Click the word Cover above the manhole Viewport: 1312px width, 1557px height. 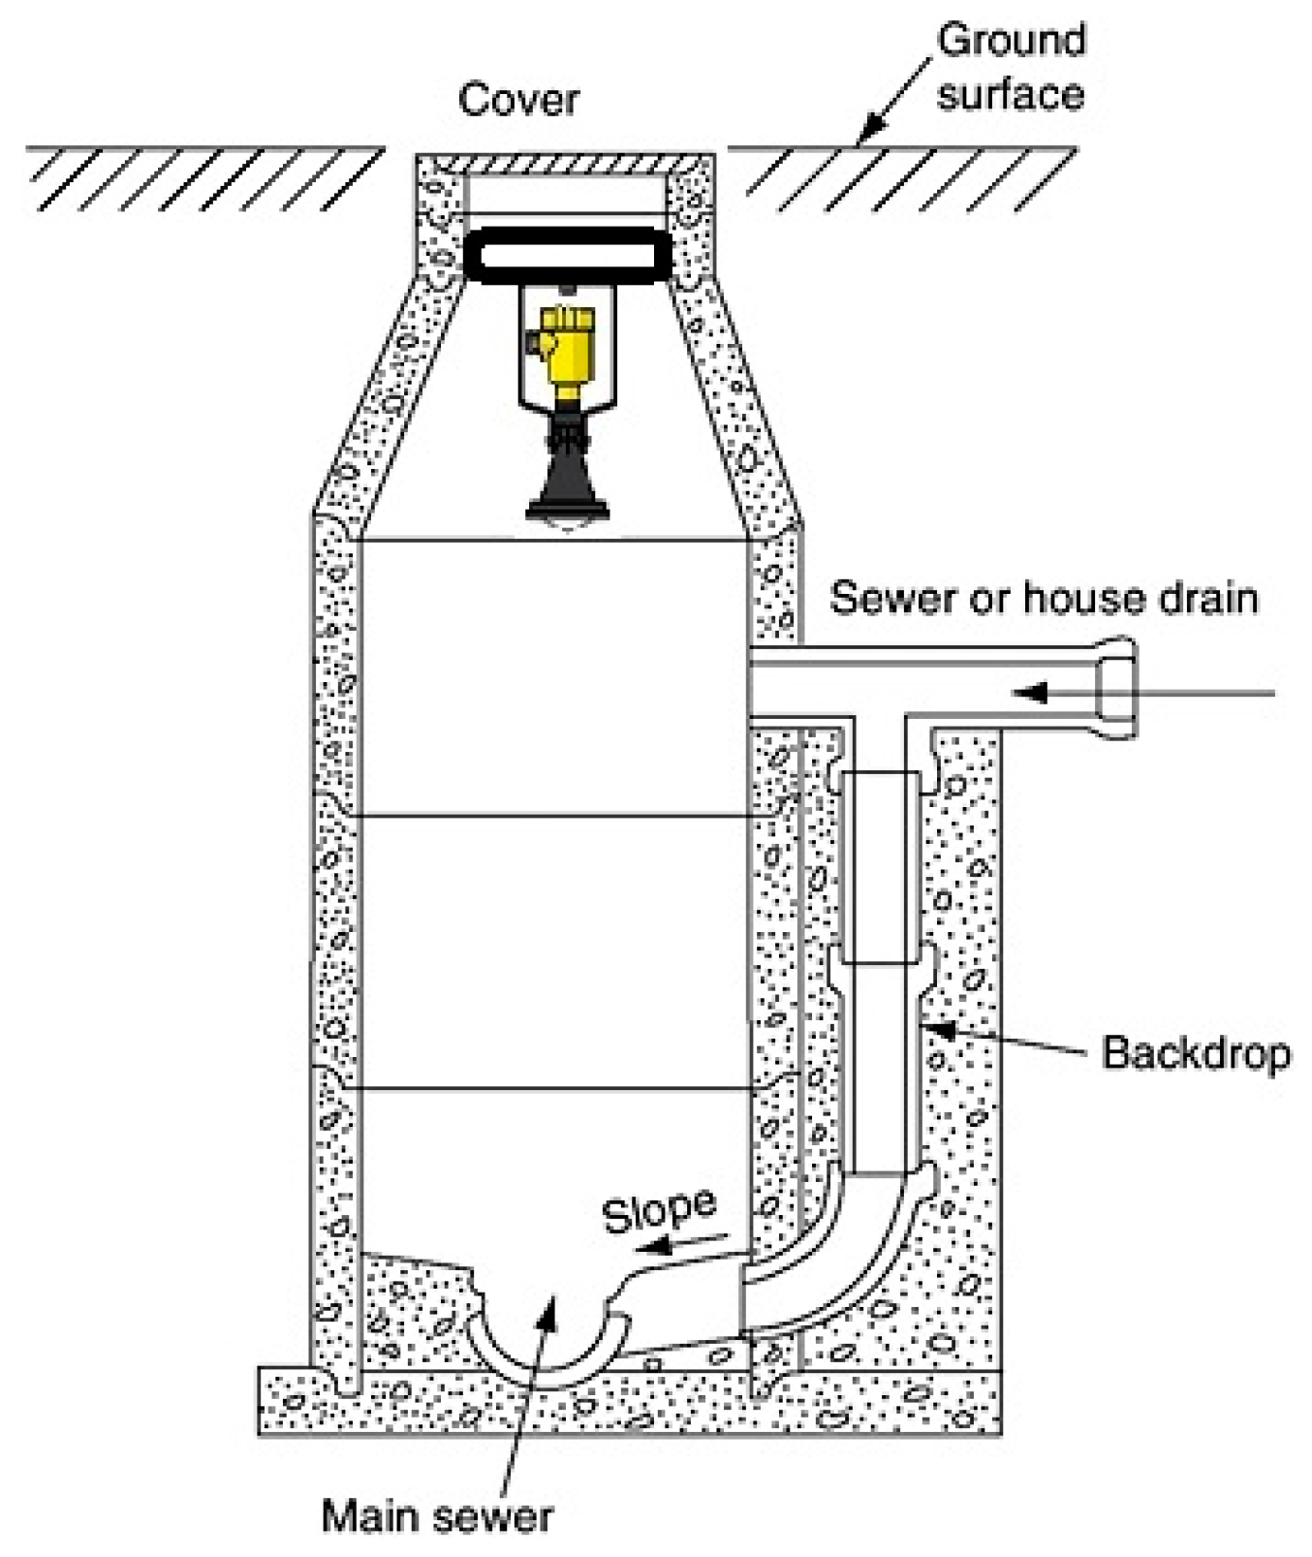(x=518, y=99)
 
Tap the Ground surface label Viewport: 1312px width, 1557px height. (x=1011, y=68)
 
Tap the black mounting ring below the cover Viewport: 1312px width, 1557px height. (x=568, y=256)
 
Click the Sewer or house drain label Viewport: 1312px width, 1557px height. (x=1044, y=598)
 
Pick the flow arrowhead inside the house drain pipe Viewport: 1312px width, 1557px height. (x=1030, y=693)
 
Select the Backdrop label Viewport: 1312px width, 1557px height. (x=1196, y=1053)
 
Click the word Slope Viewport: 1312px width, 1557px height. (x=659, y=1211)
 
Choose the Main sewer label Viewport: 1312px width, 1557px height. (x=437, y=1515)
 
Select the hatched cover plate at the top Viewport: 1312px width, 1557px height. (x=567, y=165)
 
